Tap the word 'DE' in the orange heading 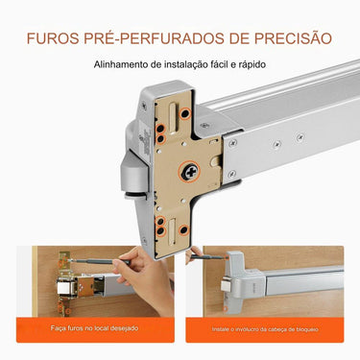point(221,39)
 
